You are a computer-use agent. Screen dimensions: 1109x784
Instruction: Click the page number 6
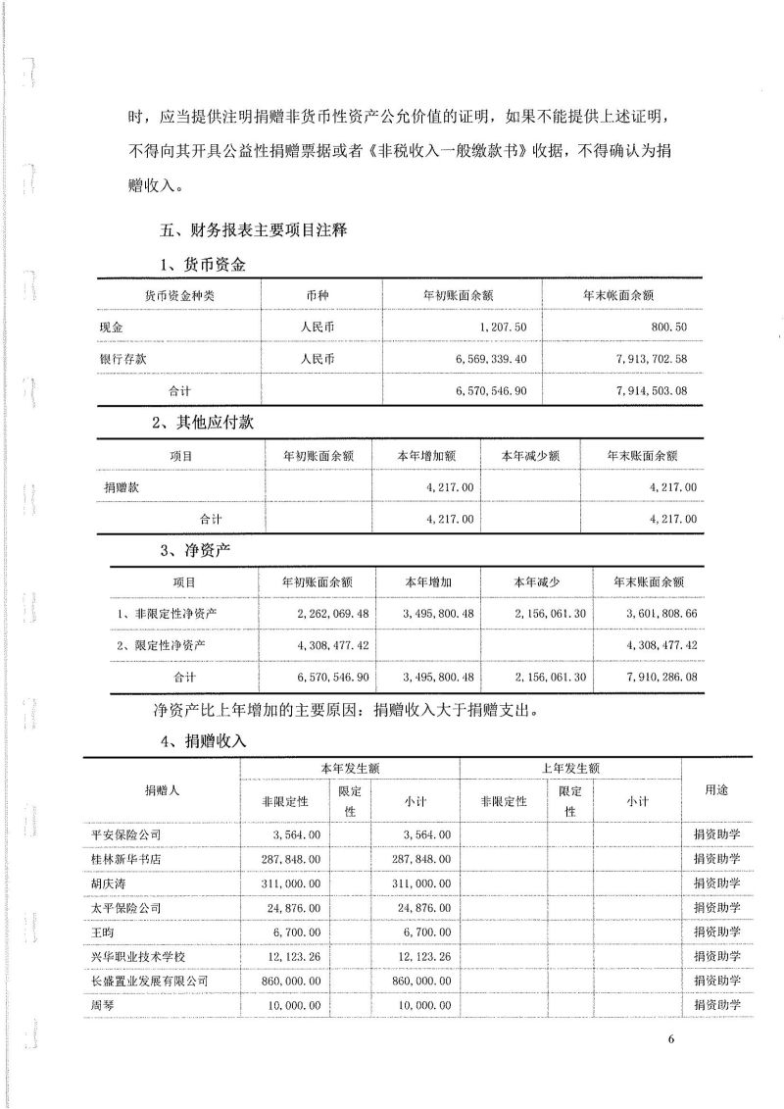click(672, 1041)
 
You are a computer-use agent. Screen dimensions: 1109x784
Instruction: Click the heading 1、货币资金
click(202, 265)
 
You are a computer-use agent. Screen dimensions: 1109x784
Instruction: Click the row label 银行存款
click(122, 359)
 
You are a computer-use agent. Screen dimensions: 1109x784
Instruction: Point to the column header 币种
click(319, 294)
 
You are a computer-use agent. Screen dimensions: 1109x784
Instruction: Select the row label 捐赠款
click(122, 486)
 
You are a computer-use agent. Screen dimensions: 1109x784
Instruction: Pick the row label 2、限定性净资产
click(162, 645)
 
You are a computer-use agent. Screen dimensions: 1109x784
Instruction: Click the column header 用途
click(716, 788)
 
